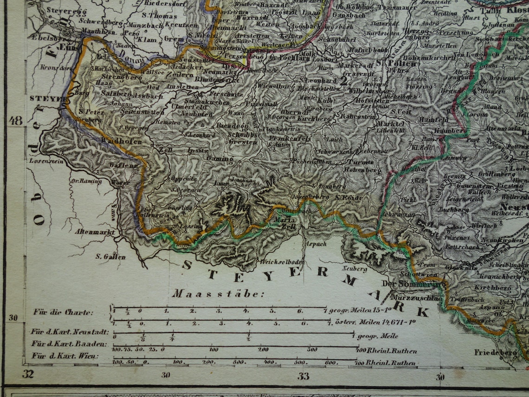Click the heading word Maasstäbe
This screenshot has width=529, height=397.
click(x=218, y=294)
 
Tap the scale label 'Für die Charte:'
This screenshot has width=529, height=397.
click(x=63, y=312)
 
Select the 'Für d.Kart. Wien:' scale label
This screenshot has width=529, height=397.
click(x=65, y=356)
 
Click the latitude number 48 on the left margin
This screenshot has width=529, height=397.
click(x=15, y=121)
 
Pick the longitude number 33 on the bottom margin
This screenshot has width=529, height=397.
click(x=303, y=376)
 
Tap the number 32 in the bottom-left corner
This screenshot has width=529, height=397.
click(x=28, y=374)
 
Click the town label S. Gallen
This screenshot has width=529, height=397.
click(x=111, y=256)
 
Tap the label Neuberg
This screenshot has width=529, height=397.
click(x=355, y=269)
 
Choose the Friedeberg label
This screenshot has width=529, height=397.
click(x=496, y=352)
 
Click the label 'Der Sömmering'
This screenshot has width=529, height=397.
click(x=415, y=283)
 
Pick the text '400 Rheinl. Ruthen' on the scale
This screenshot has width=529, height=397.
click(x=387, y=351)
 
